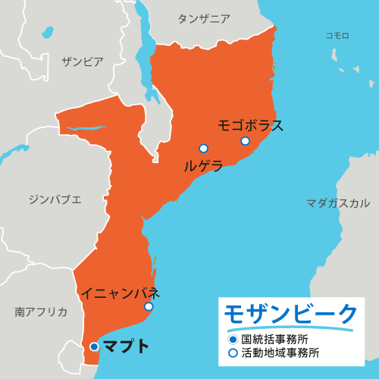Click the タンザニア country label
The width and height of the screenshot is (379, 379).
tap(204, 19)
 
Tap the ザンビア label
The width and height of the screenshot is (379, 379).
tap(83, 62)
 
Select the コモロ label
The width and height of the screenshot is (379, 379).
tap(337, 36)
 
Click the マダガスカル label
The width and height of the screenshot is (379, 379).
tap(338, 203)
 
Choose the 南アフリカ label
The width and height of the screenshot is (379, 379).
tap(41, 312)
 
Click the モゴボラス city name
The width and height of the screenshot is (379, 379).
tap(251, 125)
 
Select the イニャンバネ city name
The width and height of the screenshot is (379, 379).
tap(121, 292)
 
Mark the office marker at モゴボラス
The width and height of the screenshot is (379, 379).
tap(245, 141)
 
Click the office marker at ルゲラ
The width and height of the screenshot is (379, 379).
tap(203, 149)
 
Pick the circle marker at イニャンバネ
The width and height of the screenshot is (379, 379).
tap(149, 306)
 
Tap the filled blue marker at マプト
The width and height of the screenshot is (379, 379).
tap(94, 347)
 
